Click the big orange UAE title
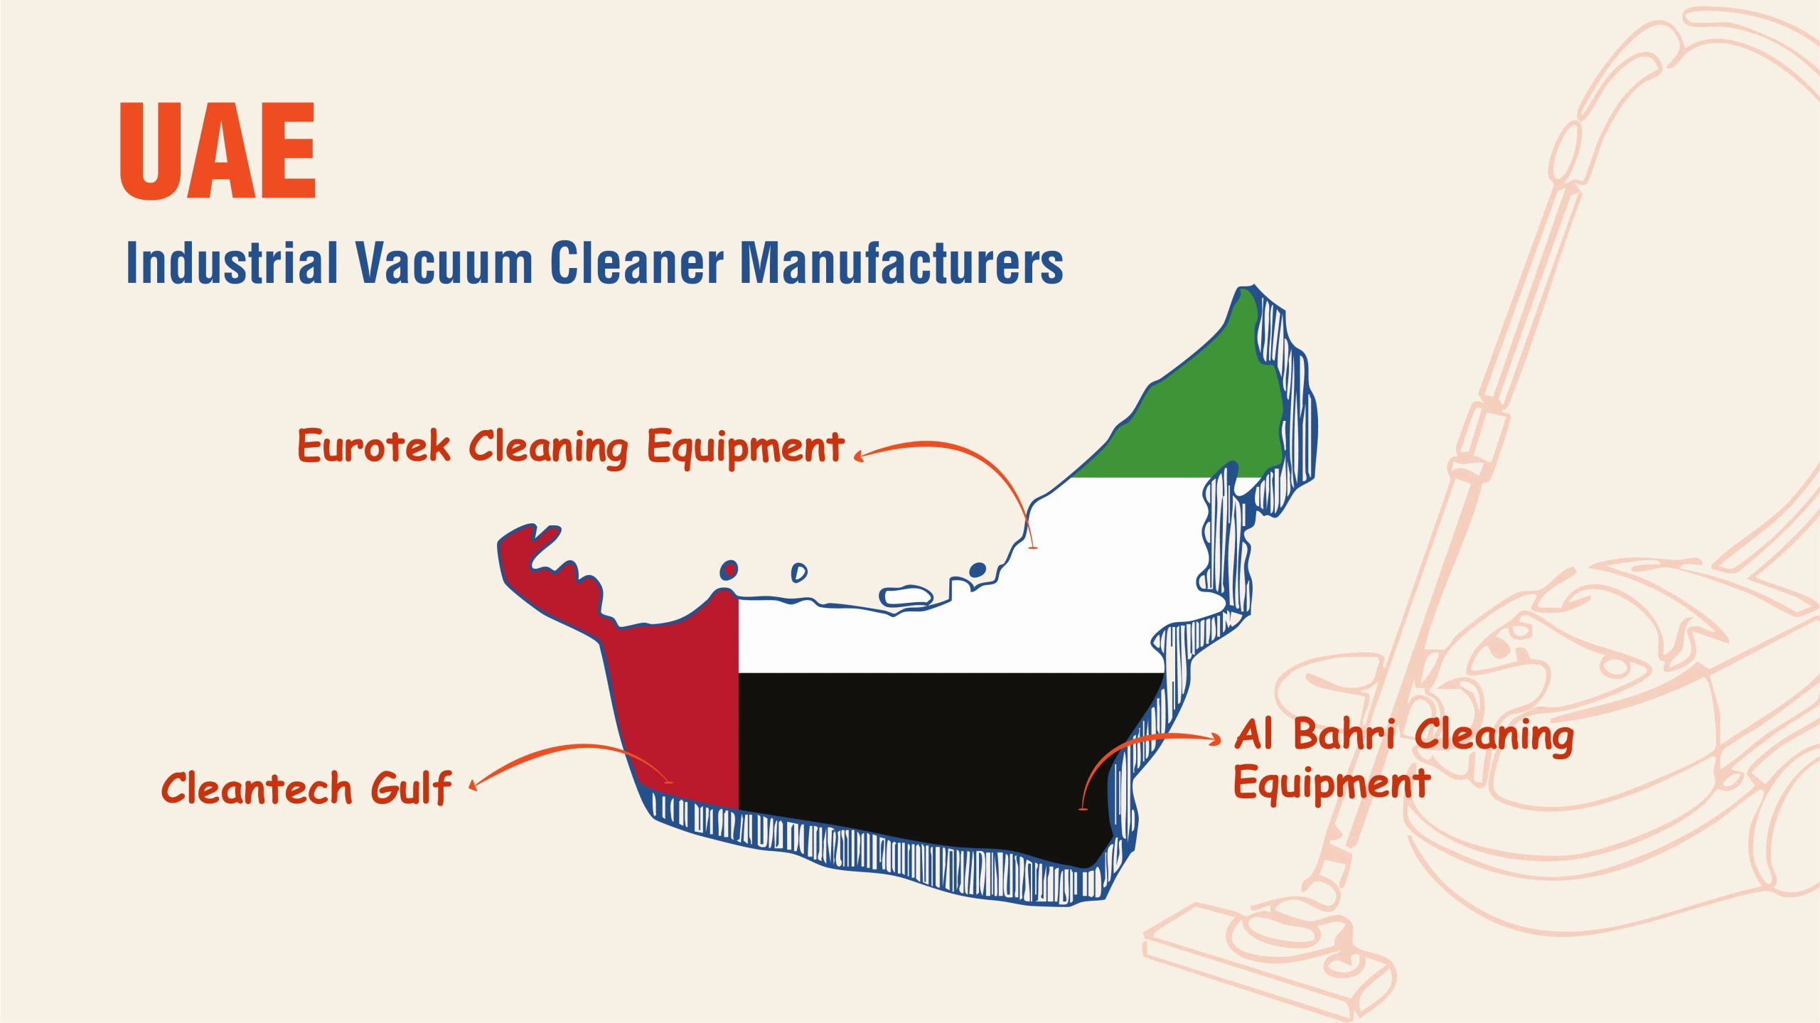click(218, 150)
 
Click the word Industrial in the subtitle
click(232, 262)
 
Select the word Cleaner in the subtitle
click(637, 262)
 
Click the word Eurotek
click(374, 446)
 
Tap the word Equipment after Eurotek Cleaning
click(745, 449)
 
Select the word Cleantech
click(257, 788)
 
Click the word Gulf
click(411, 788)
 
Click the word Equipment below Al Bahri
click(1332, 785)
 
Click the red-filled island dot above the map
click(729, 570)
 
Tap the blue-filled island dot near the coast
click(978, 569)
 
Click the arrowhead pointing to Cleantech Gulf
click(473, 785)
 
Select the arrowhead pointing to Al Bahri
click(1216, 739)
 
